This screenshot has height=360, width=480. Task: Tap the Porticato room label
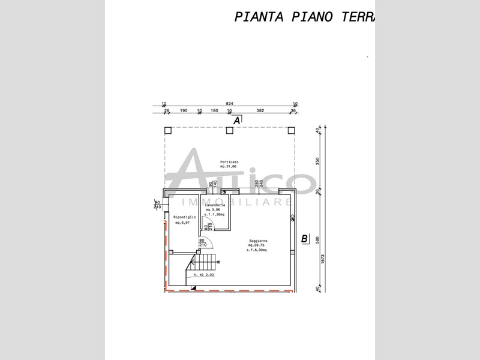pos(229,163)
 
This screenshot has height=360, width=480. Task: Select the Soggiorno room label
pos(259,241)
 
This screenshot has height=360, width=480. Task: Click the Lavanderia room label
pos(214,205)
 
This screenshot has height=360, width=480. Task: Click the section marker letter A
pos(236,121)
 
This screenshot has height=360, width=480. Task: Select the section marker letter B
pos(304,239)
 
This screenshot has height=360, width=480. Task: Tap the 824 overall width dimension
pos(229,103)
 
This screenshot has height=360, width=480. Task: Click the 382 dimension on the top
pos(260,111)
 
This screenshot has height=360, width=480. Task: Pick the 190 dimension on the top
pos(184,111)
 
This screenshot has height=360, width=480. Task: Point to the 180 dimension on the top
pos(214,111)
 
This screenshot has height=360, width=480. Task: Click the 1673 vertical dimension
pos(323,259)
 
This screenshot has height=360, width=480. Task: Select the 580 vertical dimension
pos(318,239)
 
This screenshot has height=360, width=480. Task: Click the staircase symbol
pos(205,261)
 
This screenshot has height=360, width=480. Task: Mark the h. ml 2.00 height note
pos(204,274)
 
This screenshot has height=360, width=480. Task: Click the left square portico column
pos(168,130)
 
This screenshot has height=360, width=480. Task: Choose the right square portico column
pos(291,130)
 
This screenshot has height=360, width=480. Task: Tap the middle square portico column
pos(230,130)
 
